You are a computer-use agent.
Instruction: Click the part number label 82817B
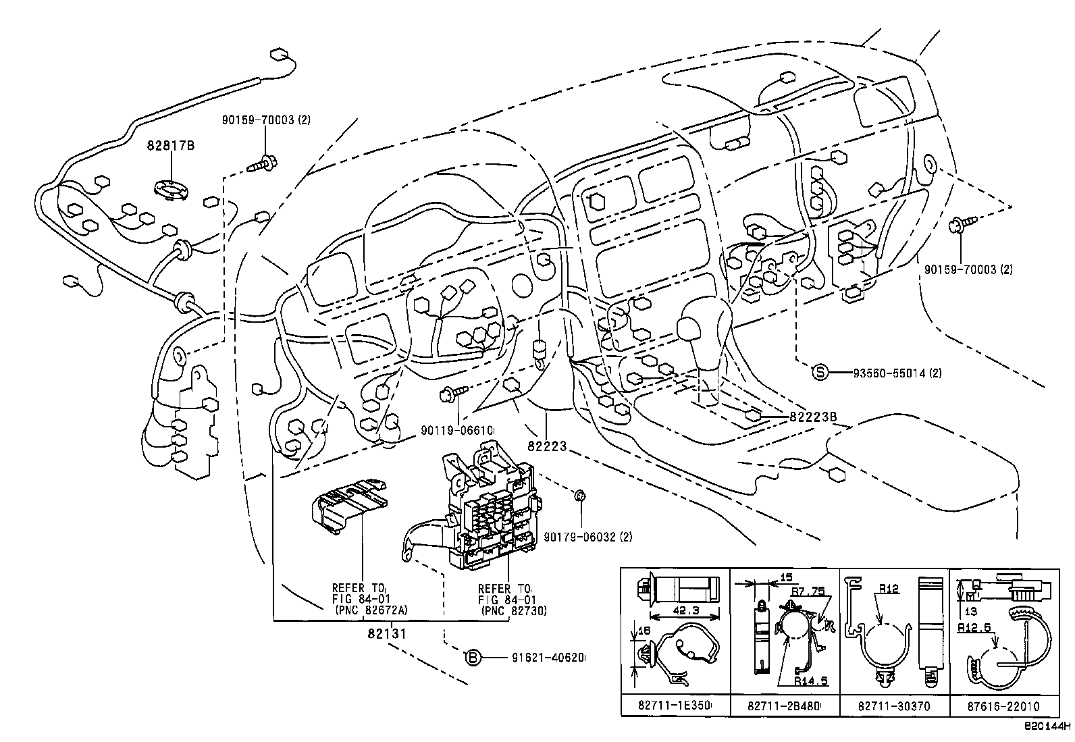172,145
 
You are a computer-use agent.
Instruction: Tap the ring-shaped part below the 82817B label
172,190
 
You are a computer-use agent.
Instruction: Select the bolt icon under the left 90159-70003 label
265,163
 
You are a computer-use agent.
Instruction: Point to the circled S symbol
819,373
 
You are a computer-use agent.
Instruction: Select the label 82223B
813,417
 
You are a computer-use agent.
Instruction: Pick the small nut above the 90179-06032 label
579,496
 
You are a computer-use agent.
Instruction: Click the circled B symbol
474,656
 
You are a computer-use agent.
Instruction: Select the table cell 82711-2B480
784,706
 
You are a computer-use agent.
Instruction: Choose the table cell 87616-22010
1005,706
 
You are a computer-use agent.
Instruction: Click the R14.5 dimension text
811,682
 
